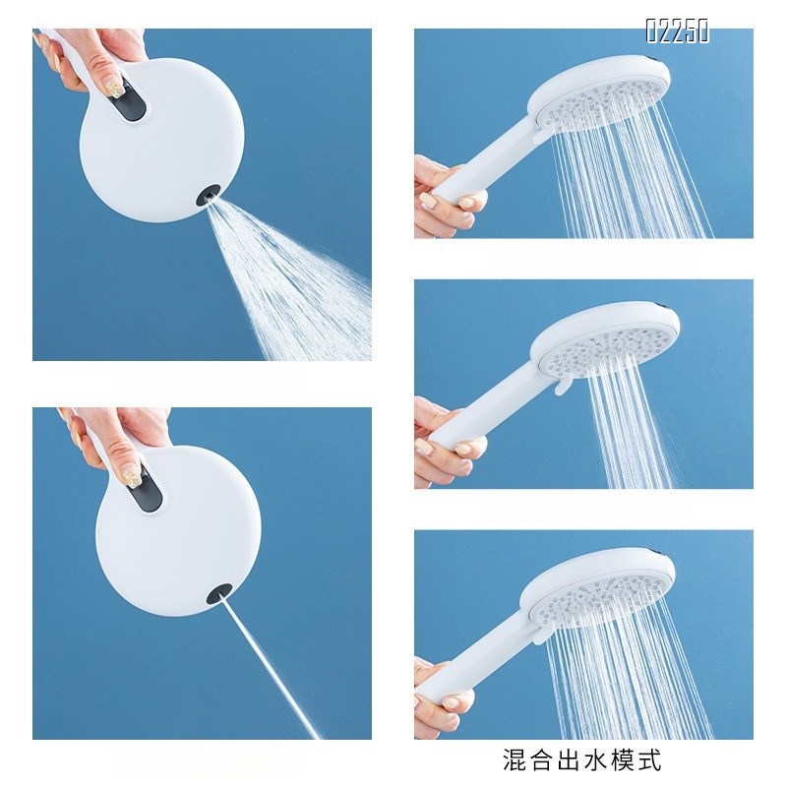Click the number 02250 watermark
[677, 31]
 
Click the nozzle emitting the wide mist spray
[210, 197]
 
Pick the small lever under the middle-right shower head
[559, 392]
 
